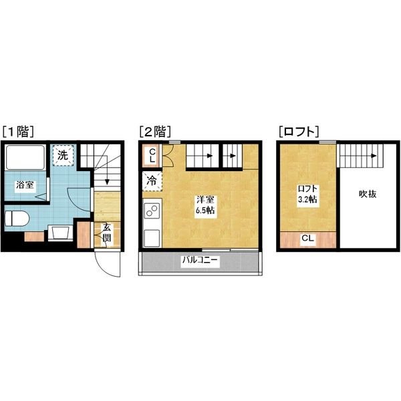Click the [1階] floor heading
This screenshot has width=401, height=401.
[18, 132]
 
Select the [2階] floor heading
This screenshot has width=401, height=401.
[155, 132]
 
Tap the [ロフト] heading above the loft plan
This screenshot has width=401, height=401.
[299, 132]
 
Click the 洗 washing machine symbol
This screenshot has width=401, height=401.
[63, 155]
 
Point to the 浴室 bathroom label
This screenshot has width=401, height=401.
[25, 184]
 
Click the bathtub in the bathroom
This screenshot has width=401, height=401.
[25, 157]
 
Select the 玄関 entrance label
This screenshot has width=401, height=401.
[107, 233]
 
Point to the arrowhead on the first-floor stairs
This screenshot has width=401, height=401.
[107, 182]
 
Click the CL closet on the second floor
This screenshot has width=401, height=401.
[152, 156]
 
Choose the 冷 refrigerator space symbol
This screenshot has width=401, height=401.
[152, 181]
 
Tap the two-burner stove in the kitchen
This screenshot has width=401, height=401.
[152, 211]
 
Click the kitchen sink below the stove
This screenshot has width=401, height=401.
[152, 238]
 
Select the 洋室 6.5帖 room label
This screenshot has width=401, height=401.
[205, 205]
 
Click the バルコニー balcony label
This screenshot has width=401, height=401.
[200, 261]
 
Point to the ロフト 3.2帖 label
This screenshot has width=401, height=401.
[307, 194]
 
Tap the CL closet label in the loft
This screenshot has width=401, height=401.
[307, 239]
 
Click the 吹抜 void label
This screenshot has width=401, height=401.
[368, 194]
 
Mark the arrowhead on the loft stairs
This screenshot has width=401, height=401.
[374, 156]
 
